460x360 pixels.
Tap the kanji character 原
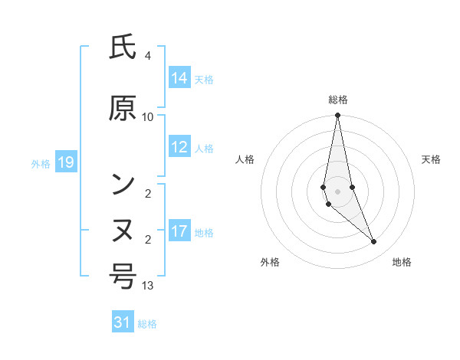123,110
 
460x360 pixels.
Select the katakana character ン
123,185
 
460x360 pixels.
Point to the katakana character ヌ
123,231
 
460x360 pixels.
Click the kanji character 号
123,276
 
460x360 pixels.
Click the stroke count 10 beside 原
148,117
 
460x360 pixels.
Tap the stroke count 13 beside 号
148,286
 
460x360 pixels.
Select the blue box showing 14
179,78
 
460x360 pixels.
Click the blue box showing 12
179,148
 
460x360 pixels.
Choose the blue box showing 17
179,231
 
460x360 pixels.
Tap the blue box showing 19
65,162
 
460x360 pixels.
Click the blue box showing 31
123,322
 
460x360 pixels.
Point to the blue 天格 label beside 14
204,79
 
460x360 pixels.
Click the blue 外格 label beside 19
41,163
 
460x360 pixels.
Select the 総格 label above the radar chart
338,100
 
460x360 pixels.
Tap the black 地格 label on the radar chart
402,263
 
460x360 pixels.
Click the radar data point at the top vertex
337,116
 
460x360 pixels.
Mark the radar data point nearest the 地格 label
374,242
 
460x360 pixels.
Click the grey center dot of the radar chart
337,191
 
